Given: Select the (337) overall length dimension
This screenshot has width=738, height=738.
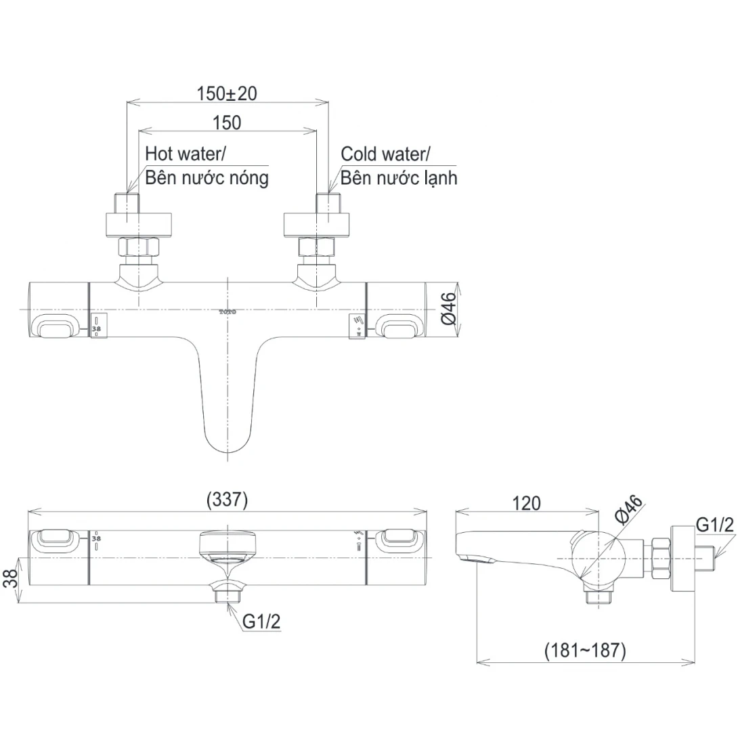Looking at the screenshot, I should coord(227,500).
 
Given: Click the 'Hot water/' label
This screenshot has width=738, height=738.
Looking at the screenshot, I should coord(186,154).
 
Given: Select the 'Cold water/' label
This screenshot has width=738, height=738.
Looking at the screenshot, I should coord(385,154).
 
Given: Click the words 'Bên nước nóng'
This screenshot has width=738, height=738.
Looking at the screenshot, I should coord(207,177).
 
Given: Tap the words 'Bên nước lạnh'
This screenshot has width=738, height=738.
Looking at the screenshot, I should coord(399,177).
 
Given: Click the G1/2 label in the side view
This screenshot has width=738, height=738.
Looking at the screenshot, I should coord(715,525).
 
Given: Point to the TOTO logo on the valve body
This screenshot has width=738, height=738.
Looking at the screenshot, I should coord(227,312).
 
